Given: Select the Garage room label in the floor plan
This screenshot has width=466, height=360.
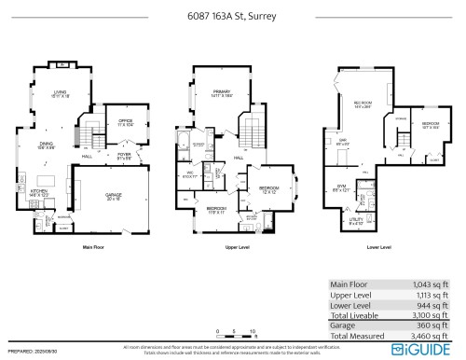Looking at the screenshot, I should (113, 197).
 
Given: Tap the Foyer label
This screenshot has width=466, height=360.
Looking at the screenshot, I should (122, 156).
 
